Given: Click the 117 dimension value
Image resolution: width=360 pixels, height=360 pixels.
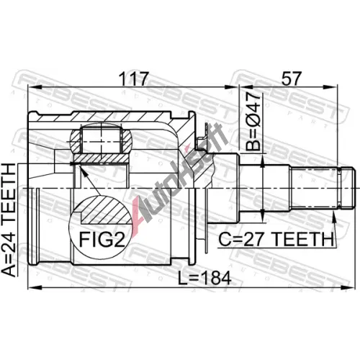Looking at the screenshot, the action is pos(134,78).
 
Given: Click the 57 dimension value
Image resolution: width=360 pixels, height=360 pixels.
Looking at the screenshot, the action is pos(291,78).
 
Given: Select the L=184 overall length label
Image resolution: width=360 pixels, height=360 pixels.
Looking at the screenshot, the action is pos(204,278).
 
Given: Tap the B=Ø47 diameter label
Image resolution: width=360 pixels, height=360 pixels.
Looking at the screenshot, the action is pos(253,122).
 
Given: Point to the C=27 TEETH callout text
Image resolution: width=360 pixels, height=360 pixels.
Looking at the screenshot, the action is pos(276,239).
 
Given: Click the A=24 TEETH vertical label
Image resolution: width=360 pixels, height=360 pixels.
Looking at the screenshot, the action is pos(9,220).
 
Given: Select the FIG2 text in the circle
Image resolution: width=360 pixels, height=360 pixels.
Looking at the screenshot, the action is pos(102,239).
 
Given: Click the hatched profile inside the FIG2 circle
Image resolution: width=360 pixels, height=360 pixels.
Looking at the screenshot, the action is pos(106,209).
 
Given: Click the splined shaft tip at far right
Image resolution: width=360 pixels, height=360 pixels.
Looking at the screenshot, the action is pos(346,188).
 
